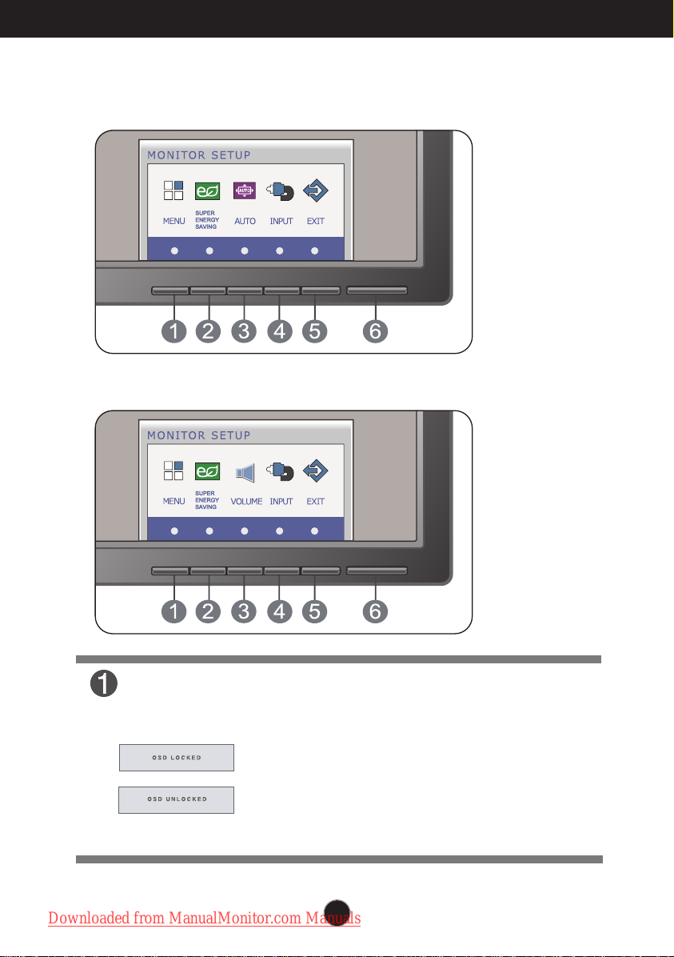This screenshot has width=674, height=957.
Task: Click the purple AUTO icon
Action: tap(245, 191)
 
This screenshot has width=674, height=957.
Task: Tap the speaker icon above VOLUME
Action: tap(245, 472)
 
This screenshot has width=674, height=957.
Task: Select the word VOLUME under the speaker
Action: tap(246, 502)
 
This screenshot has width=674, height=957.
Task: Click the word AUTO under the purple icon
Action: tap(245, 222)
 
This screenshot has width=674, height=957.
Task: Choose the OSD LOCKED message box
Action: tap(176, 758)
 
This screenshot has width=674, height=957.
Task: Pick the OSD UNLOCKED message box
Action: tap(176, 799)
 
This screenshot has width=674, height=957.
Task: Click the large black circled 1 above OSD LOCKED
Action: tap(104, 683)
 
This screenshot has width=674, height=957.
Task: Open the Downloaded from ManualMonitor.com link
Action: tap(205, 918)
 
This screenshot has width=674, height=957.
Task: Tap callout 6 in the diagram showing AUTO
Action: tap(375, 331)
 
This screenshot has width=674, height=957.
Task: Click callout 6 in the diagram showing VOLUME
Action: tap(375, 611)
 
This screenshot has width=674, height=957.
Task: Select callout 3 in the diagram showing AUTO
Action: tap(244, 331)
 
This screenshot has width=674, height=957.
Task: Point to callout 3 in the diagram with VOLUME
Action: tap(244, 611)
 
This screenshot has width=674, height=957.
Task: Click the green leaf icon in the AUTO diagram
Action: tap(207, 192)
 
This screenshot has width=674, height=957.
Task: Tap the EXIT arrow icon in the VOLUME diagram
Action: tap(315, 471)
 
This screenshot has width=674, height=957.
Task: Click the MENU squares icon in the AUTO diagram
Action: tap(173, 190)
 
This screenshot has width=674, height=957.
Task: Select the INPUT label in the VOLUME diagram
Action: tap(281, 502)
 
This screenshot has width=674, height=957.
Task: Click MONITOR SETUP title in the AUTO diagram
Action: tap(199, 155)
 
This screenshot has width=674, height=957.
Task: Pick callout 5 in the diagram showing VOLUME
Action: tap(315, 611)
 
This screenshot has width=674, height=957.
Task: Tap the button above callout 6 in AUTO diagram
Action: tap(377, 290)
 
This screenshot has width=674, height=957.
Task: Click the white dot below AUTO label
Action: tap(245, 250)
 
